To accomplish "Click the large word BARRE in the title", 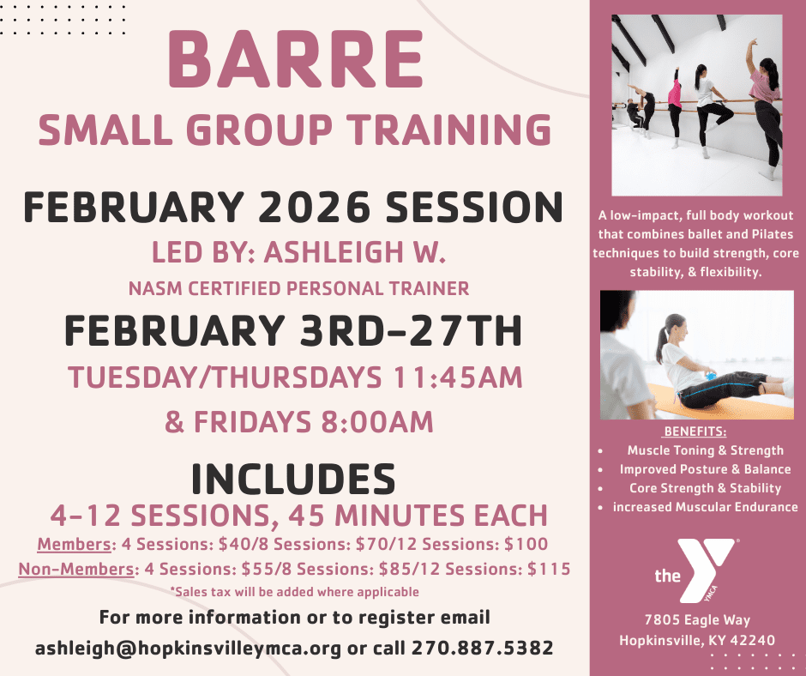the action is point(296,58).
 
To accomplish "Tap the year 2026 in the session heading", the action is point(314,208).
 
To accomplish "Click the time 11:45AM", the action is point(458,377).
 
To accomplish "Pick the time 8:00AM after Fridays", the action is point(377,422).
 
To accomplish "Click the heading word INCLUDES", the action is point(293,479).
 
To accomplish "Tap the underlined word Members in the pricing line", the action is point(74,544).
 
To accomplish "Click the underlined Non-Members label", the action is point(76,569).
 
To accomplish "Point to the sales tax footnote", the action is point(295,592).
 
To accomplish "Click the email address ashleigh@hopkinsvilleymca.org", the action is point(188,648).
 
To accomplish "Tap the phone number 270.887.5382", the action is point(482,648).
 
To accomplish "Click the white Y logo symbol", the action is point(705,570).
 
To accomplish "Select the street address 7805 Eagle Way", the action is point(697,620).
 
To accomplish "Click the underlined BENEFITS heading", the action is point(695,432).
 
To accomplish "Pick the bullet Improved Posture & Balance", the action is point(705,469).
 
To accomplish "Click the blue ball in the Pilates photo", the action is point(711,376).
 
